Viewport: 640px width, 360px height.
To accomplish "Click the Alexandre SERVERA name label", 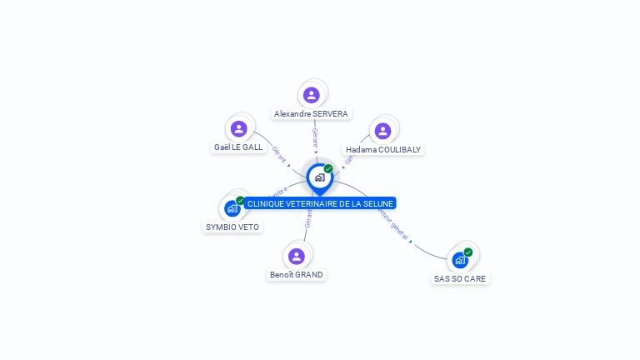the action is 311,113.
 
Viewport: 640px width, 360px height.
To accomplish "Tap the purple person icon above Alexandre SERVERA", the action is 312,95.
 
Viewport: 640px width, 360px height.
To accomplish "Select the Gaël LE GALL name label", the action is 238,147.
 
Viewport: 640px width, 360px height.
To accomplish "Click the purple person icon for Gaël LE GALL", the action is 239,128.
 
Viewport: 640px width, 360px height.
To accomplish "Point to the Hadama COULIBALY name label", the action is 383,150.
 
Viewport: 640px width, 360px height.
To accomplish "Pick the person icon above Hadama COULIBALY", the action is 382,131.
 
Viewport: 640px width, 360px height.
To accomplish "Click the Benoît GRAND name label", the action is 296,275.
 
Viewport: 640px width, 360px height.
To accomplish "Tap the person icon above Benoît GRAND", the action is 296,256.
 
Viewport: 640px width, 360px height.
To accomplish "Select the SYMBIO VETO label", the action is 232,227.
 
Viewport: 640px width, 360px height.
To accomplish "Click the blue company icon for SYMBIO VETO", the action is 232,209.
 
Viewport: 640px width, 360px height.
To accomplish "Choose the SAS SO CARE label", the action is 460,279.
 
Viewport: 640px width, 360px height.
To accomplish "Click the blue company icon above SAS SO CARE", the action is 459,260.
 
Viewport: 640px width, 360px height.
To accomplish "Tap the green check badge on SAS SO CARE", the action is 468,252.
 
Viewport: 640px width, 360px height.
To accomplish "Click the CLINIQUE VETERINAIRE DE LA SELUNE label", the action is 320,203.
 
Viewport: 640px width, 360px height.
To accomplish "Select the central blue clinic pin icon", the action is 319,177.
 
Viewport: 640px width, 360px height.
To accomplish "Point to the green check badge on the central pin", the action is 328,168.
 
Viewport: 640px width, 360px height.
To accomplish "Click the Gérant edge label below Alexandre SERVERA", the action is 315,137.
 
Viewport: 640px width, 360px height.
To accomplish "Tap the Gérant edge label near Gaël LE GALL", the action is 280,154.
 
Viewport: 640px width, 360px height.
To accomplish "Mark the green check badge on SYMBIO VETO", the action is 240,201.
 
